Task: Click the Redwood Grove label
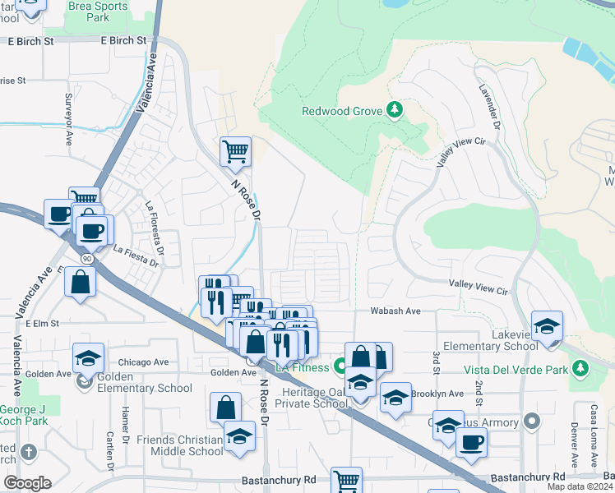(x=343, y=110)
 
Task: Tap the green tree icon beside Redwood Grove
(x=395, y=109)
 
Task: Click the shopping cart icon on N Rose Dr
(x=235, y=150)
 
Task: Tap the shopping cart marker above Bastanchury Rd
(x=346, y=481)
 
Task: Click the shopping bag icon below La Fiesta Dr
(x=80, y=282)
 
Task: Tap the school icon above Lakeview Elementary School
(x=547, y=325)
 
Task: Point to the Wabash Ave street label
(x=395, y=311)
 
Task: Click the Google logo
(x=27, y=483)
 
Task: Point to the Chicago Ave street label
(x=142, y=362)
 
